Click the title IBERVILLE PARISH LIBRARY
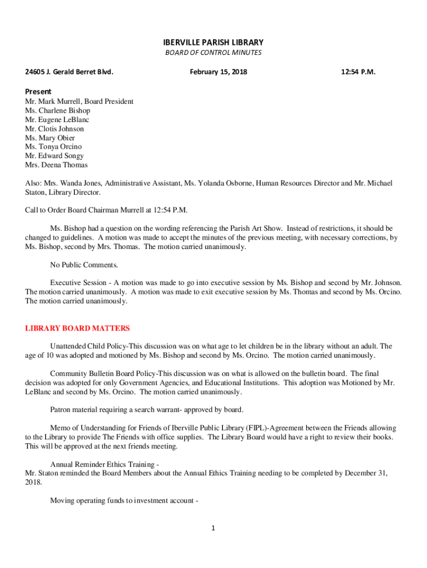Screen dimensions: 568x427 (x=213, y=42)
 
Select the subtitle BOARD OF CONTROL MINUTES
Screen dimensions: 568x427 (x=213, y=53)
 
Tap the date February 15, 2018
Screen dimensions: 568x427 (x=218, y=72)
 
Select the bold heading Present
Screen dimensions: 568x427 (x=38, y=92)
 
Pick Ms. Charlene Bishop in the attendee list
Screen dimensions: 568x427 (x=57, y=110)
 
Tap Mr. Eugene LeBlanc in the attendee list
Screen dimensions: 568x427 (x=57, y=120)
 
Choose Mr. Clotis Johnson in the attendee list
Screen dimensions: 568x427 (x=54, y=129)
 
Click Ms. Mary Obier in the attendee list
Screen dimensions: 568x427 (x=50, y=138)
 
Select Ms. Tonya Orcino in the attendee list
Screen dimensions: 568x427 (x=53, y=147)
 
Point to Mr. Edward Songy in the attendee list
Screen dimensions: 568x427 (x=54, y=156)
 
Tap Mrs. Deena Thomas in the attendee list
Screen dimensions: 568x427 (x=56, y=165)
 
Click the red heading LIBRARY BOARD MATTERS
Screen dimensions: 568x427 (x=77, y=328)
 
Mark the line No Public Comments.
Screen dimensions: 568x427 (x=84, y=265)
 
